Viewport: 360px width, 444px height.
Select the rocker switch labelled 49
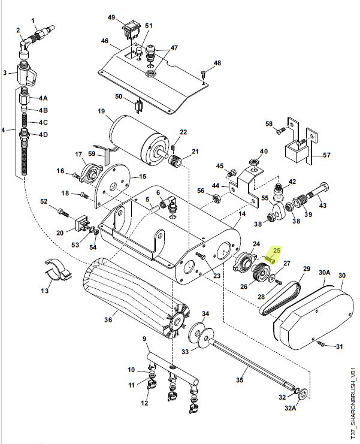132,28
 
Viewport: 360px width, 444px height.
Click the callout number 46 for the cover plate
104,41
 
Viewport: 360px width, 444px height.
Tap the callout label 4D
43,134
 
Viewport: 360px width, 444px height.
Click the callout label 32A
307,409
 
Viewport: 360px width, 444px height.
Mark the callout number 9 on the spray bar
144,340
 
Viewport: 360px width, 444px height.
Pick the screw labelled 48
204,74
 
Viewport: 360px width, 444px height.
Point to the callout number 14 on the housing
242,214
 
